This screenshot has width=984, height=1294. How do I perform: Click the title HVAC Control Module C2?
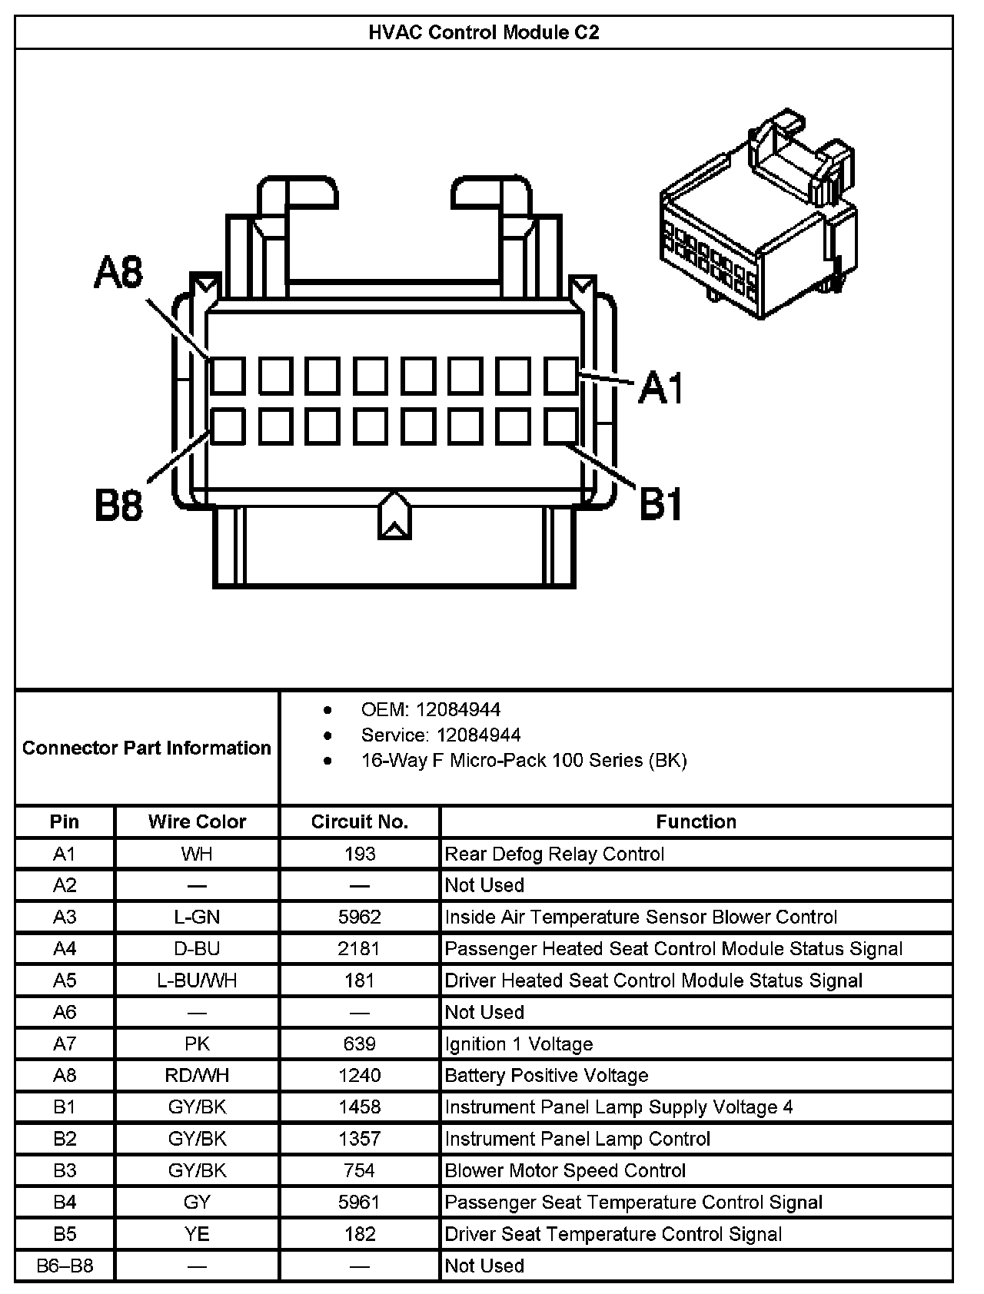pos(484,32)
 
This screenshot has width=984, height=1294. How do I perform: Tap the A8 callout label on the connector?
pos(118,273)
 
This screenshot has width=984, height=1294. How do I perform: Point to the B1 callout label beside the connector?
pos(661,505)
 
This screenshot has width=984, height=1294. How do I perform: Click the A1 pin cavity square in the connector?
pos(561,376)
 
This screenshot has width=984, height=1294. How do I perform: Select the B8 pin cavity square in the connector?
pos(228,426)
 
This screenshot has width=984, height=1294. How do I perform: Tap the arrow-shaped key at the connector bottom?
pos(394,516)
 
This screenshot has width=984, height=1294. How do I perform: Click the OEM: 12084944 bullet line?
pos(430,709)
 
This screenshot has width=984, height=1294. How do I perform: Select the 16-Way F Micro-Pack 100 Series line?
pos(524,760)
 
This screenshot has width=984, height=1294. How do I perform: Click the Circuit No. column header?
pos(359,821)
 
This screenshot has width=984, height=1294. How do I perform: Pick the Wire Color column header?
pos(197,821)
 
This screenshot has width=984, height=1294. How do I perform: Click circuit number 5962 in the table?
pos(359,917)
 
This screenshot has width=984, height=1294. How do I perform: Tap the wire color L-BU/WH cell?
pos(197,980)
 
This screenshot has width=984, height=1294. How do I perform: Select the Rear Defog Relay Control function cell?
pos(554,854)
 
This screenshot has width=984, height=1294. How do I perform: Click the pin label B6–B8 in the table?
pos(65,1266)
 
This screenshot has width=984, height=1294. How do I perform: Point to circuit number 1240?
pos(359,1075)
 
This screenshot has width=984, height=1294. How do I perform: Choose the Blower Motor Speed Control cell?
pos(565,1170)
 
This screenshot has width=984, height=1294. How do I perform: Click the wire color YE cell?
pos(197,1234)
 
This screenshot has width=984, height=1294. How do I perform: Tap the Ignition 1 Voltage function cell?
pos(519,1043)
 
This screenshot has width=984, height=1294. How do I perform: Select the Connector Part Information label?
pos(146,748)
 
